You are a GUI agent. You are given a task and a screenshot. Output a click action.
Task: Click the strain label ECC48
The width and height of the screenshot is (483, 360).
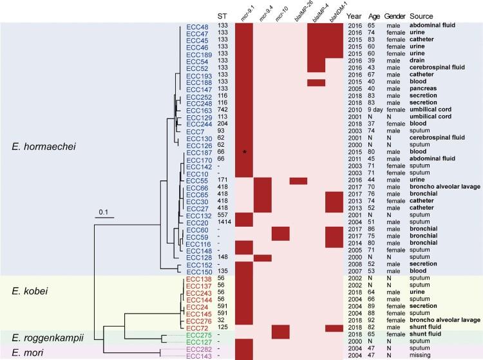point(196,26)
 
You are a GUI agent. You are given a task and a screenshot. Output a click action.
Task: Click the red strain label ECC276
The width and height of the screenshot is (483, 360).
point(196,318)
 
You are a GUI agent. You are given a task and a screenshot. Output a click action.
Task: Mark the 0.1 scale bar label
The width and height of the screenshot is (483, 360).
point(104,209)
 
